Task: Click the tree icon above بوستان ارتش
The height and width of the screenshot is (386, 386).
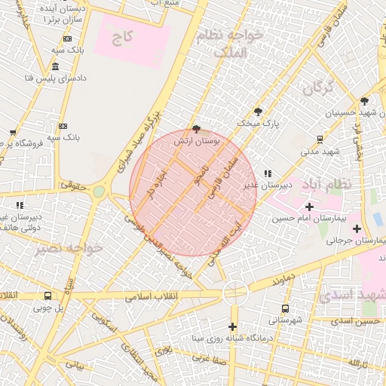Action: coord(197,129)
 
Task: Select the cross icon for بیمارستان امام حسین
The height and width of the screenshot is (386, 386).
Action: coord(309,206)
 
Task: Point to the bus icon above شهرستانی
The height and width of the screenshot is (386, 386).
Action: coord(285,308)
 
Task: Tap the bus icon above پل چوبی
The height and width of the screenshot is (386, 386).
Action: coord(48,296)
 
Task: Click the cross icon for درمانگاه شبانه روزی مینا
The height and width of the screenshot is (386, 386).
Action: coord(232,327)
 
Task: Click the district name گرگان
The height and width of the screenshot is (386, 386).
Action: coord(317,88)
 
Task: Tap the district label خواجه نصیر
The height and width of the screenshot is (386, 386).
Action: coord(45,248)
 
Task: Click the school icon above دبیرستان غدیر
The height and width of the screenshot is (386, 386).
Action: coord(268,173)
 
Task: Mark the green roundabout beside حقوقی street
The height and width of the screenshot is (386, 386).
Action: coord(99,191)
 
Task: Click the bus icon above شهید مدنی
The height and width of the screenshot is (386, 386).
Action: coord(320,139)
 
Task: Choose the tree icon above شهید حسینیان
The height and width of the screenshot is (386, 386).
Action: coord(364,100)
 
